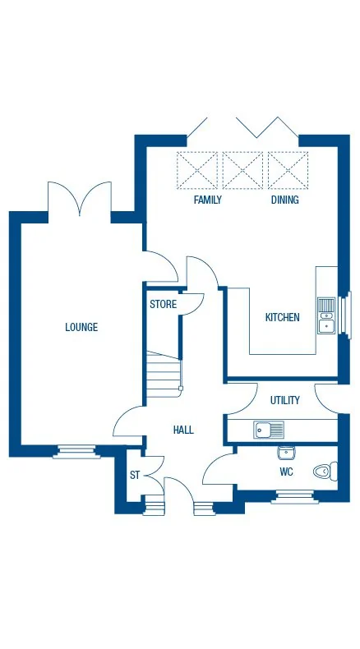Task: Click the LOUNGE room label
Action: click(x=81, y=327)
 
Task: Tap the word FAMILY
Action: click(x=207, y=200)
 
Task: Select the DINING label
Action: click(x=284, y=200)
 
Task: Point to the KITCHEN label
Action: click(x=282, y=317)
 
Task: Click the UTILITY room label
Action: click(x=285, y=400)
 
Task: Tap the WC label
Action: click(x=286, y=472)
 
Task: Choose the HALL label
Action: click(x=182, y=430)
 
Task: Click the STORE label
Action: click(x=163, y=304)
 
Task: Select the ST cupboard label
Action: click(x=134, y=475)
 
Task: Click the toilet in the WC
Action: click(x=325, y=472)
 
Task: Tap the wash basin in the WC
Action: click(x=286, y=452)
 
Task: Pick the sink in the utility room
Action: click(x=269, y=428)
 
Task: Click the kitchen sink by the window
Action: click(x=326, y=315)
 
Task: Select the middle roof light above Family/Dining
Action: click(x=242, y=170)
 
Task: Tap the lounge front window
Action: click(x=76, y=449)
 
